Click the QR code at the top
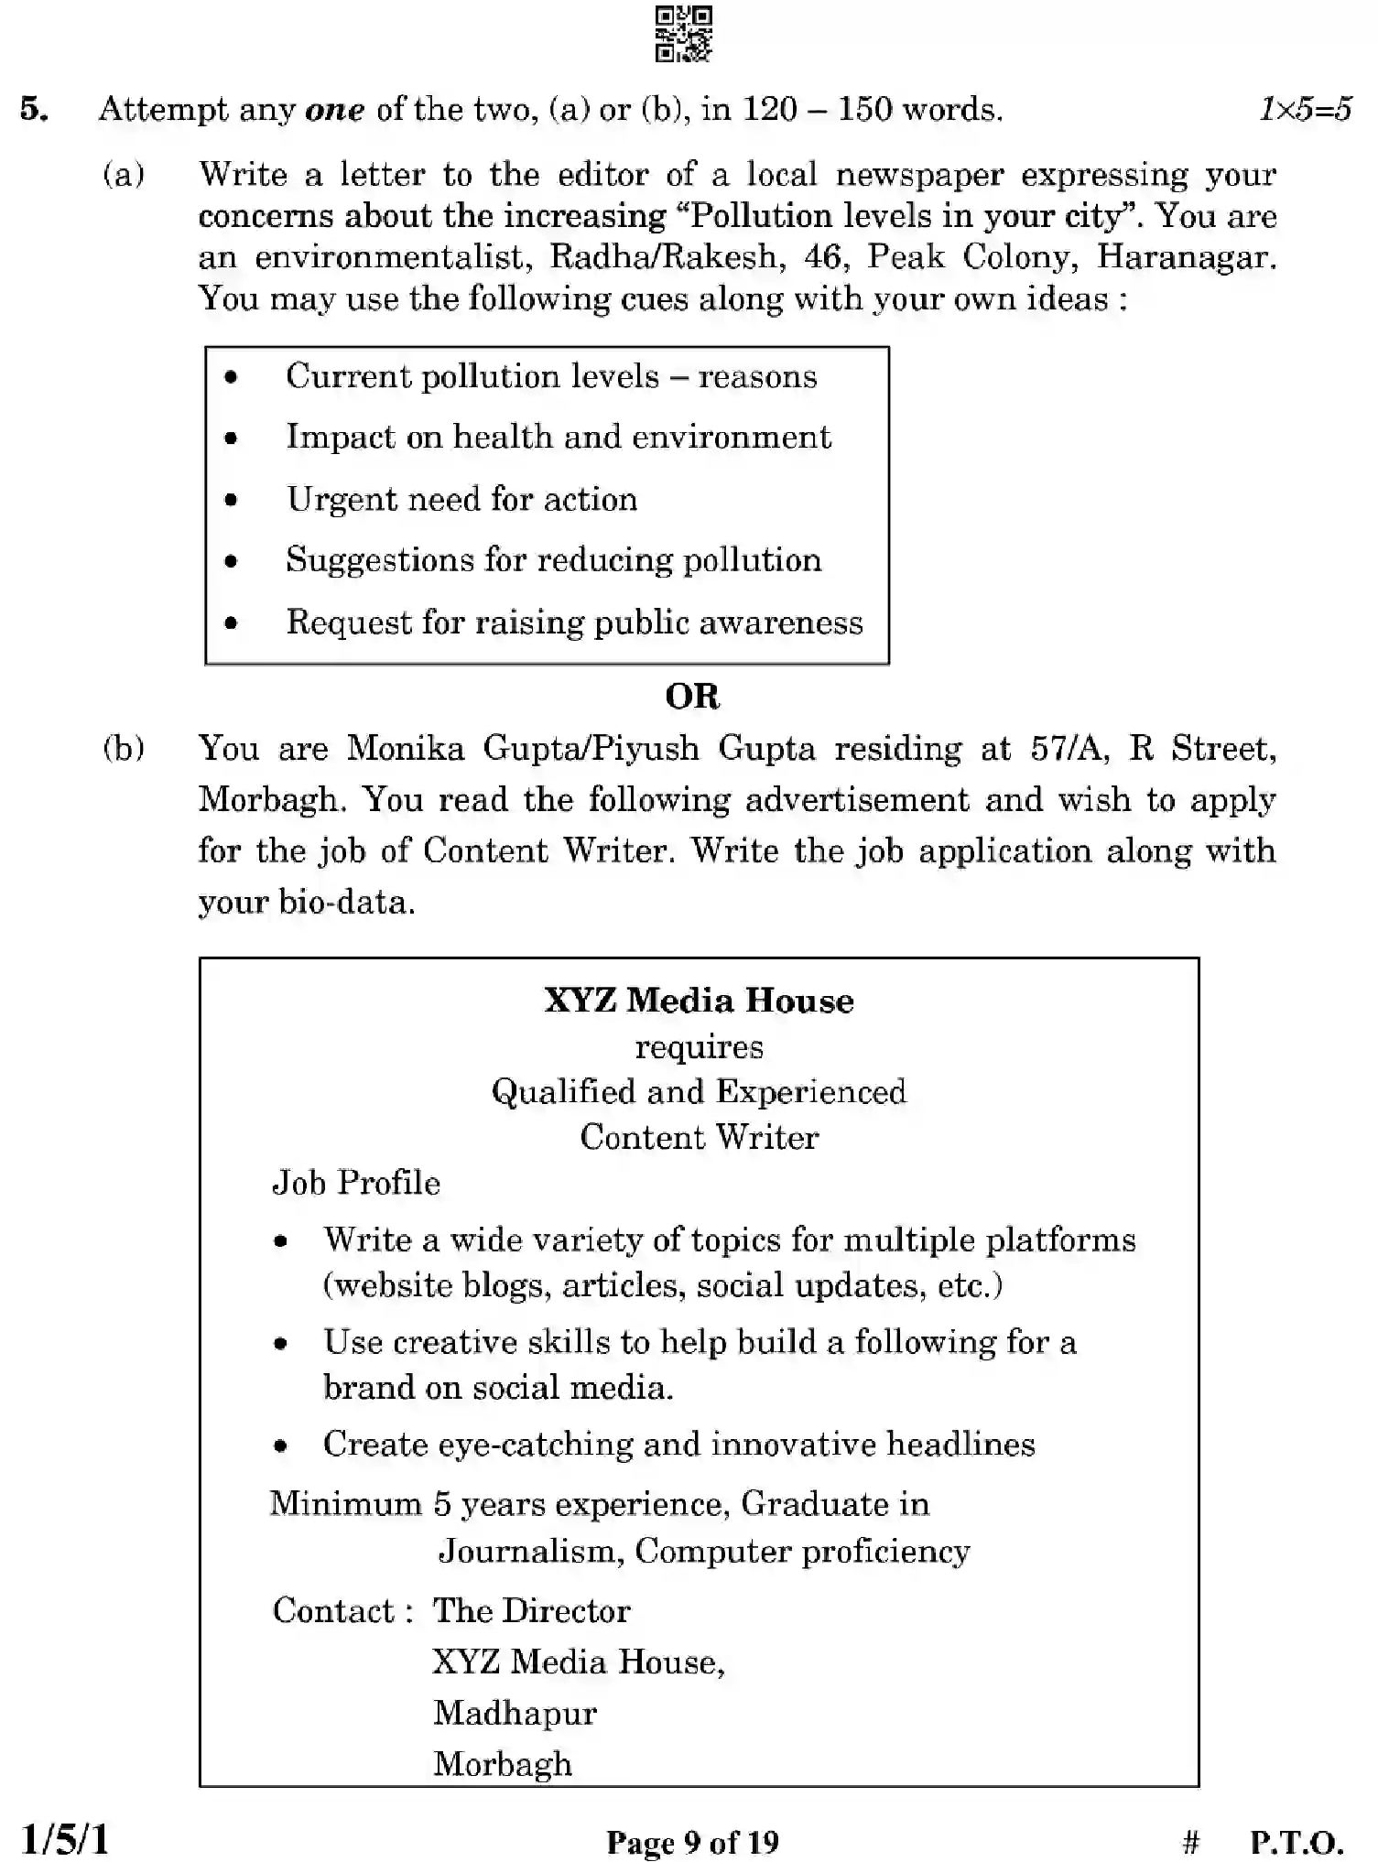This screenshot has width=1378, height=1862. click(x=683, y=34)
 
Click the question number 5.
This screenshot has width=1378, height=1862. click(x=34, y=110)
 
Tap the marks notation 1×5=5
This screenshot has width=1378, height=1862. click(x=1305, y=110)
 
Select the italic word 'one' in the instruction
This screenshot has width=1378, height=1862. click(x=334, y=111)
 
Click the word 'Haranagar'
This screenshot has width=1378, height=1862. click(x=1185, y=257)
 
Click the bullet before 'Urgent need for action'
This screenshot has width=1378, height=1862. click(x=232, y=500)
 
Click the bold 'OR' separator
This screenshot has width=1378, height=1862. click(x=692, y=697)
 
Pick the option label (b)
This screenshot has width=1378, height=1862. click(x=124, y=749)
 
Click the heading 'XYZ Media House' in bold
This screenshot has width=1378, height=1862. click(x=699, y=1001)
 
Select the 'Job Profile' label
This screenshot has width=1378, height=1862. click(x=356, y=1183)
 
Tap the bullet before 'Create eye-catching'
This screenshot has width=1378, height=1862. click(x=281, y=1446)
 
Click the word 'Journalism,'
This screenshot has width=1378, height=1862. click(x=530, y=1551)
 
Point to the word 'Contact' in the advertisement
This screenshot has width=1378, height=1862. click(x=333, y=1610)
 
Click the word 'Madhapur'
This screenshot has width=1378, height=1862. click(x=515, y=1713)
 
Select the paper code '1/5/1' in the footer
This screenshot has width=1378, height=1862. click(x=64, y=1839)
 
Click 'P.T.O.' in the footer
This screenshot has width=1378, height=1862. click(x=1297, y=1842)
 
